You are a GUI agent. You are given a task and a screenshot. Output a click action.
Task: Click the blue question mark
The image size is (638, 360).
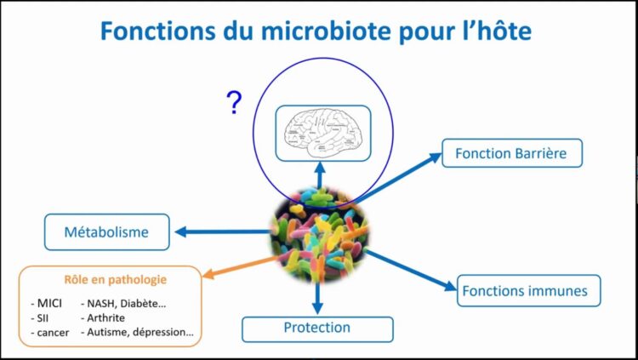234,104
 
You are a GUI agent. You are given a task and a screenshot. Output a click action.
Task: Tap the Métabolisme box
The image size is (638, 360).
106,231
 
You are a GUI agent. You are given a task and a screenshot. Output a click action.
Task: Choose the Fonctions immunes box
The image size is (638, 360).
524,290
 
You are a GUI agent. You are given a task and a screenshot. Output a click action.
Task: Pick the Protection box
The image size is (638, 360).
317,328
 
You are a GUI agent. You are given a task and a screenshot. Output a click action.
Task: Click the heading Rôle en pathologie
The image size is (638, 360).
115,279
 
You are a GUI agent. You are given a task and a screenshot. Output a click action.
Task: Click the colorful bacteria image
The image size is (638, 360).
319,235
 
